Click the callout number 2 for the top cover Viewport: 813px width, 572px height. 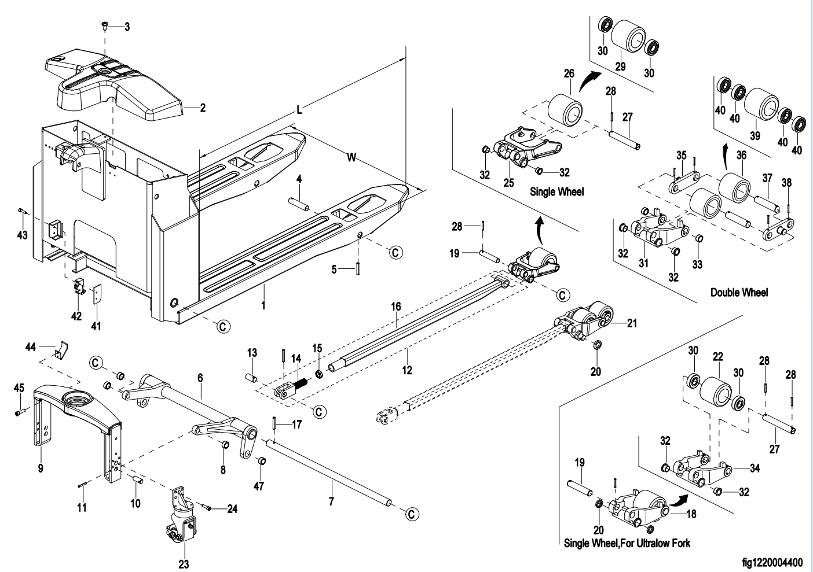click(203, 108)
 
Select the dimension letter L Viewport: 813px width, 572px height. click(299, 110)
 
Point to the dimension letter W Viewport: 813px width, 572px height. click(351, 157)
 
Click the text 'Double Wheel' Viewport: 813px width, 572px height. click(739, 293)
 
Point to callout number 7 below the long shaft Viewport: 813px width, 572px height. click(331, 501)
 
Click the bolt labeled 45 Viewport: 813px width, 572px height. click(21, 412)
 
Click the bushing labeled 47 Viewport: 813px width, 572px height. click(261, 461)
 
